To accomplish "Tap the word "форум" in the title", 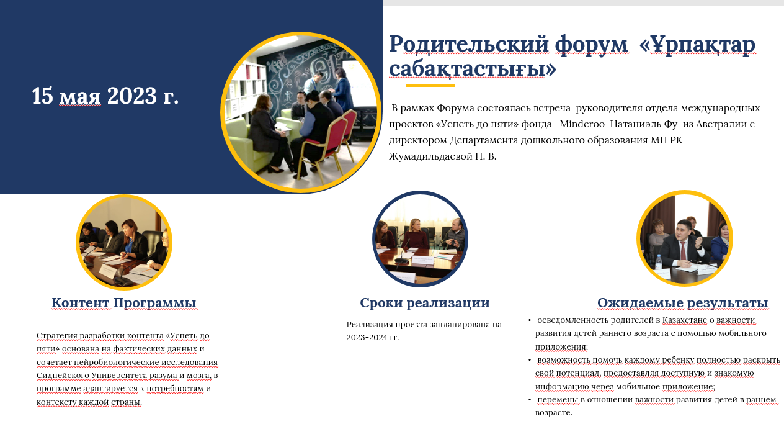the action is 591,45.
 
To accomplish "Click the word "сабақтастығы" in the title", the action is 473,68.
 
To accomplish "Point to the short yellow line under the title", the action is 430,85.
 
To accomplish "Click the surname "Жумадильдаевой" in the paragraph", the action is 430,156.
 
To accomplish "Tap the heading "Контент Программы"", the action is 124,303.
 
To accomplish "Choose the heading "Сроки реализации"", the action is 424,303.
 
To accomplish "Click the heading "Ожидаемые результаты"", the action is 682,303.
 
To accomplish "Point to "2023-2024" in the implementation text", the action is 362,338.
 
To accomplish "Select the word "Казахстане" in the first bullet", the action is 685,320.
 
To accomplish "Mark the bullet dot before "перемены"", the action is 530,400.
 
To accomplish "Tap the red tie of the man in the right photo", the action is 682,250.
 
